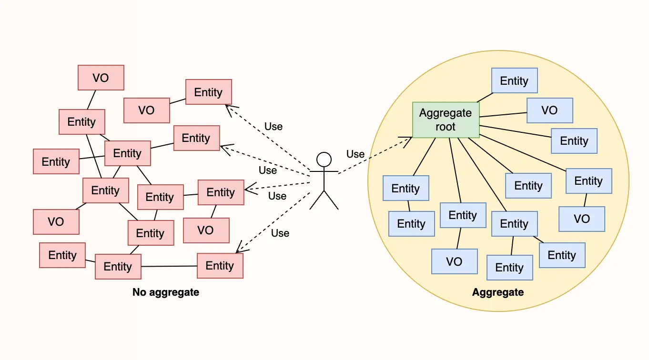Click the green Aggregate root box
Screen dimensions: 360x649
point(446,120)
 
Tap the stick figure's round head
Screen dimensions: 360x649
point(324,160)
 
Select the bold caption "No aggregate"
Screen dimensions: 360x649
point(166,292)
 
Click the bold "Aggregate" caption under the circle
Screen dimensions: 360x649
point(498,292)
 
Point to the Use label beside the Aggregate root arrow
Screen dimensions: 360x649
point(355,154)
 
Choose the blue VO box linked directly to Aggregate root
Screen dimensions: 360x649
point(549,110)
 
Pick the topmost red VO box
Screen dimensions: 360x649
point(101,78)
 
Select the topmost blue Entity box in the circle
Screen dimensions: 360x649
point(514,80)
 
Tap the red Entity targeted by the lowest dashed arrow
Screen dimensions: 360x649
point(220,266)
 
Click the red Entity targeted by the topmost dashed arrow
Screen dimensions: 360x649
point(208,92)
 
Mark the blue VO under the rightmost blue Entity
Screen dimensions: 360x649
point(582,219)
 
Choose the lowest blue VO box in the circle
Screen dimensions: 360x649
point(454,261)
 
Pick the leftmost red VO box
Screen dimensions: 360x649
point(56,222)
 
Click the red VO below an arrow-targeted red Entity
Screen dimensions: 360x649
point(206,230)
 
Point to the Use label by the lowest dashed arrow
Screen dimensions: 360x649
point(280,233)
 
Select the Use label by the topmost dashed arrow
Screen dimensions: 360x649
point(274,126)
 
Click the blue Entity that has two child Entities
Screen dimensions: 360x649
point(514,224)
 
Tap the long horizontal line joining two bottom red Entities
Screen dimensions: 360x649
point(169,266)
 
